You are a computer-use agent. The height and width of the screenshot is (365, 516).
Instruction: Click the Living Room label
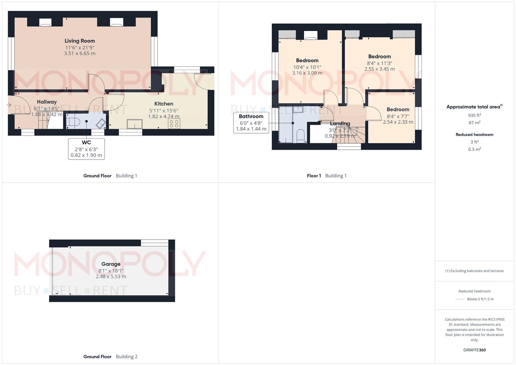pyautogui.click(x=80, y=41)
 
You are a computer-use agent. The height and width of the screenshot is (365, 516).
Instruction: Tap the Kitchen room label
pyautogui.click(x=164, y=104)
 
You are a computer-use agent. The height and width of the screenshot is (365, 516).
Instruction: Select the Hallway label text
pyautogui.click(x=47, y=102)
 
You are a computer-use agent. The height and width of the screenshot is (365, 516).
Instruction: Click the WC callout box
pyautogui.click(x=86, y=149)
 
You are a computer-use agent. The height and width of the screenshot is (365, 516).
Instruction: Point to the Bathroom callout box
pyautogui.click(x=251, y=122)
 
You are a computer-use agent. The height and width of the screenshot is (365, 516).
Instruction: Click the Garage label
pyautogui.click(x=111, y=264)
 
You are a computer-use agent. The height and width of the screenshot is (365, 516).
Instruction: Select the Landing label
pyautogui.click(x=340, y=124)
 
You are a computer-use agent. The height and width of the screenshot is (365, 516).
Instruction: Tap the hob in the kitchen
pyautogui.click(x=174, y=124)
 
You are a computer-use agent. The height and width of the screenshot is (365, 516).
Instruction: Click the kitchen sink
pyautogui.click(x=134, y=124)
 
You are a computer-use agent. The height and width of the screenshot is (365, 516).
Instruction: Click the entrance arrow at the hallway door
pyautogui.click(x=9, y=105)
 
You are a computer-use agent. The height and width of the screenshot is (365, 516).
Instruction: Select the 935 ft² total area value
pyautogui.click(x=474, y=115)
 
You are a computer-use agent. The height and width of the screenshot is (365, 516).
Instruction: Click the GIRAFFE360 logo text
pyautogui.click(x=474, y=350)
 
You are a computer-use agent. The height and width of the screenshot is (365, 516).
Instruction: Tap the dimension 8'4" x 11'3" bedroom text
pyautogui.click(x=379, y=63)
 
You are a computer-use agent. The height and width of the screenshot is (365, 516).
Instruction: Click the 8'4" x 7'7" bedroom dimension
pyautogui.click(x=398, y=116)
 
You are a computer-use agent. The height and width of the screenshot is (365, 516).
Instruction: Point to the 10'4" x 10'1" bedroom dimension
pyautogui.click(x=307, y=67)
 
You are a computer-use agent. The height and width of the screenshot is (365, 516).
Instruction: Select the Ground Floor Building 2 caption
pyautogui.click(x=110, y=357)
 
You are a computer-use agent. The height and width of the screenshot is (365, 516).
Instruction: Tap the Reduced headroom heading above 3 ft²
pyautogui.click(x=474, y=135)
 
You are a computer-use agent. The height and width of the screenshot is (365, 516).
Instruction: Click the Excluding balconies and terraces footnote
pyautogui.click(x=474, y=271)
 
